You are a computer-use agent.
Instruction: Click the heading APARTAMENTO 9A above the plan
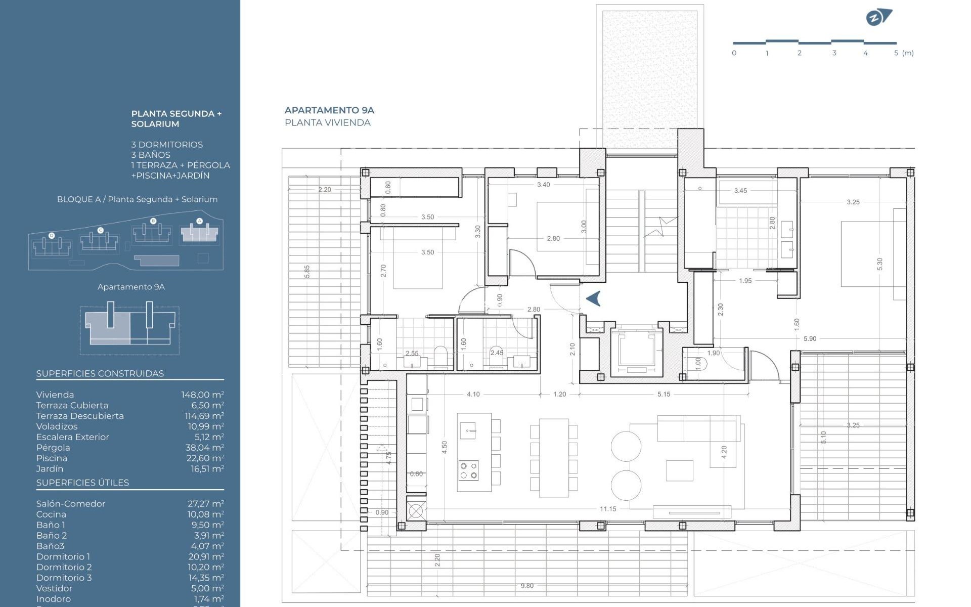coord(329,110)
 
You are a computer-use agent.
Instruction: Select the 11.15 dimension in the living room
coord(607,509)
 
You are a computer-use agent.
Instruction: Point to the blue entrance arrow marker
coord(594,298)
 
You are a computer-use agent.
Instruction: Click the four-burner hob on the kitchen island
coord(468,470)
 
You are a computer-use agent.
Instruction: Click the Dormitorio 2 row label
coord(64,567)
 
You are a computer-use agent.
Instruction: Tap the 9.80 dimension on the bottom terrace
coord(527,586)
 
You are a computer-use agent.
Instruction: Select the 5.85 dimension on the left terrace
coord(307,272)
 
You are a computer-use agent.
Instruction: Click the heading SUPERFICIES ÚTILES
coord(82,483)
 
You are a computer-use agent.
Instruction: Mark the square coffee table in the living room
coord(679,470)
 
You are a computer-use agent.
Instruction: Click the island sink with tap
coord(468,431)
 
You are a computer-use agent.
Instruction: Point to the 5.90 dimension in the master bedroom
coord(810,339)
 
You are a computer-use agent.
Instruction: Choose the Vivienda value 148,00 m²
coord(202,395)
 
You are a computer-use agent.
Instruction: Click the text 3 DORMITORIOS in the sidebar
coord(167,145)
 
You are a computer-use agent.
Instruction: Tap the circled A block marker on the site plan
coord(199,221)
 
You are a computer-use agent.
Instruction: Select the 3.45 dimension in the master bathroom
coord(740,191)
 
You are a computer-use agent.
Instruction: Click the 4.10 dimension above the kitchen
coord(473,394)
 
